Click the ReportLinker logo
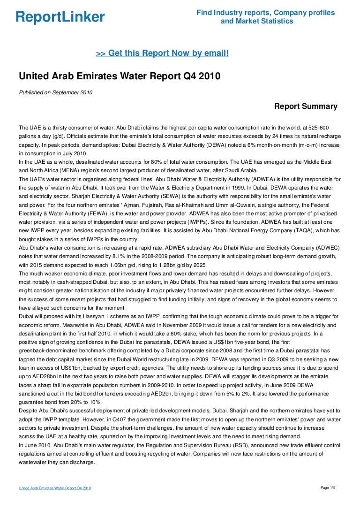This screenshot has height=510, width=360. tap(60, 17)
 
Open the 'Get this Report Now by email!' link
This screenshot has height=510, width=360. tap(162, 53)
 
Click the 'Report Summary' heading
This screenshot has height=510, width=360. tap(306, 106)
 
